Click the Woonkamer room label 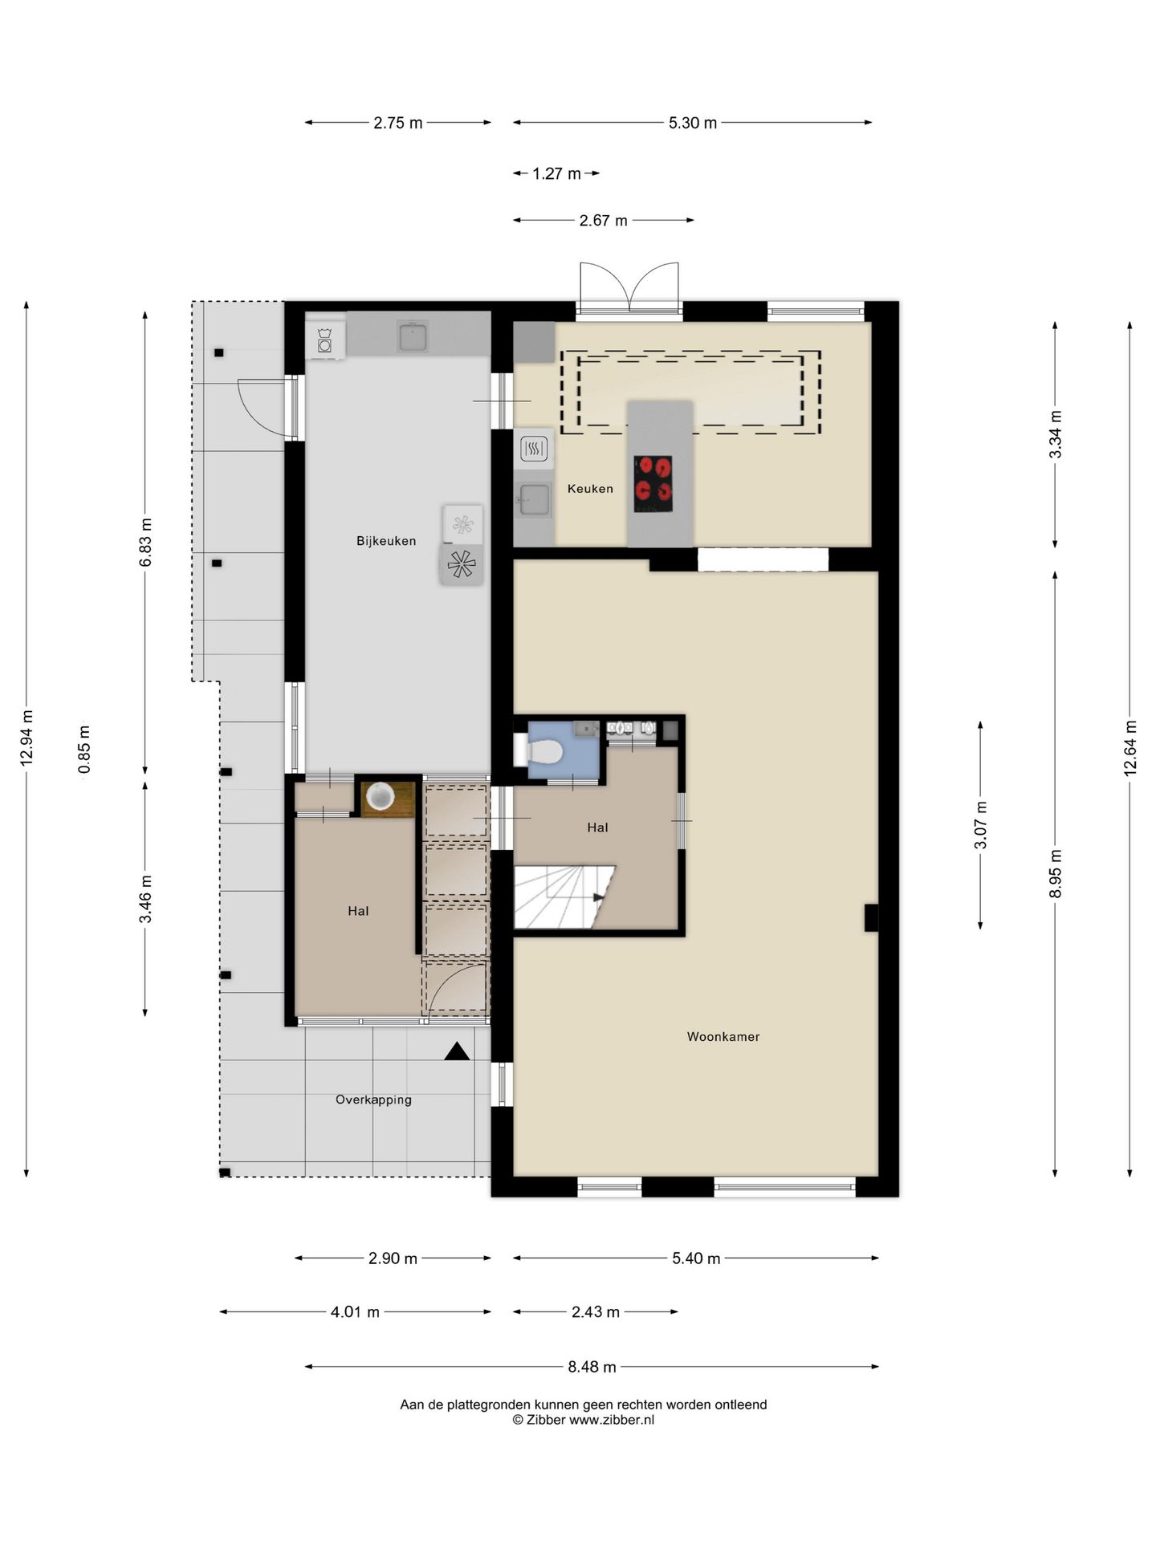722,1036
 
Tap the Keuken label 590,488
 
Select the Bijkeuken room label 386,541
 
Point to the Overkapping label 373,1100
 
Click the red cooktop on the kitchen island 653,483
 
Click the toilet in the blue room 539,752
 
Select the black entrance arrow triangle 457,1051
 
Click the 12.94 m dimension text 27,738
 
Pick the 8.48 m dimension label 592,1366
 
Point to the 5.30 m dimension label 693,123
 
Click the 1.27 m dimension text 556,173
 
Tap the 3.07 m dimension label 980,825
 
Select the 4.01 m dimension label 355,1312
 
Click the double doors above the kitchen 629,287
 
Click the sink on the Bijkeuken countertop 413,335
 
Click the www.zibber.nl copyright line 584,1419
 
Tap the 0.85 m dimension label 84,750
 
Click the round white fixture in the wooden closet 380,796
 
